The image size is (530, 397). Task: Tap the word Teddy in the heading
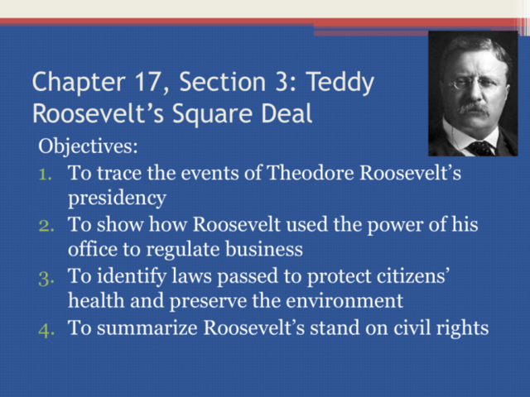pyautogui.click(x=340, y=84)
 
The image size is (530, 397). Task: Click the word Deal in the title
pyautogui.click(x=286, y=113)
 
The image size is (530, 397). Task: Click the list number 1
pyautogui.click(x=46, y=175)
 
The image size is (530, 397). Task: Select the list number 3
pyautogui.click(x=46, y=277)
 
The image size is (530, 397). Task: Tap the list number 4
pyautogui.click(x=46, y=328)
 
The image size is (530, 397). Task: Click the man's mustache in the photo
pyautogui.click(x=473, y=107)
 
